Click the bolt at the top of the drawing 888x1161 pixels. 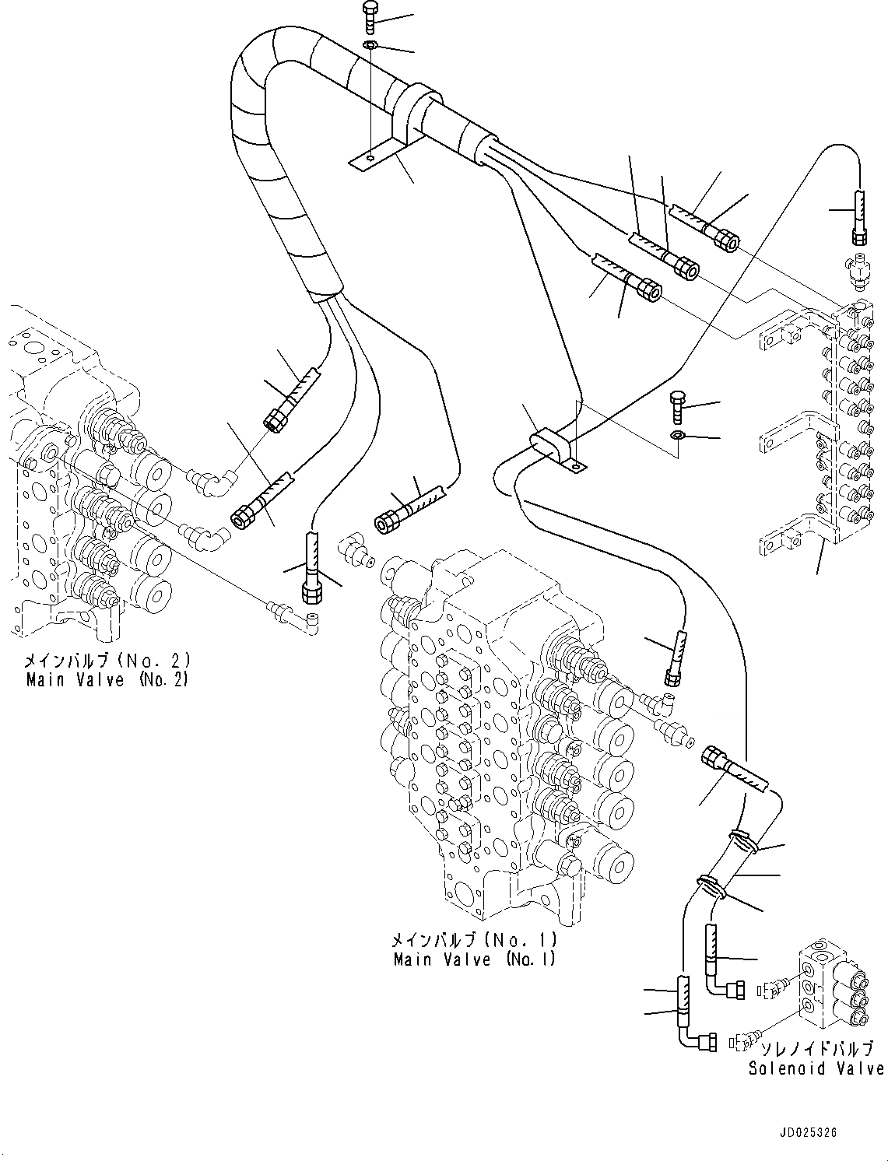[x=370, y=18]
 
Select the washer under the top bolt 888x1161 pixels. [x=371, y=47]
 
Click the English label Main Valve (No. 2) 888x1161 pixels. [x=107, y=679]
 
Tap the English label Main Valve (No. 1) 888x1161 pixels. [x=475, y=959]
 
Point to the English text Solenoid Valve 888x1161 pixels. [x=816, y=1068]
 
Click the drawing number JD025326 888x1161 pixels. [x=805, y=1133]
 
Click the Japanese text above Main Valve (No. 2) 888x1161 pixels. [x=107, y=661]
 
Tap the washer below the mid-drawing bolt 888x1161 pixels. [x=677, y=434]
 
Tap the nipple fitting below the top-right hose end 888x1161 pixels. [x=859, y=267]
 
